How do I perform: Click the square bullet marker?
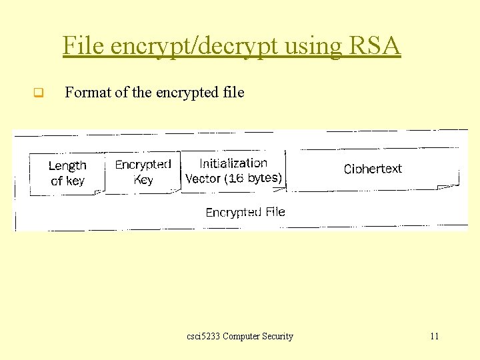pos(38,93)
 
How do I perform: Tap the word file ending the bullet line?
pos(235,93)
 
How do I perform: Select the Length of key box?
pos(67,173)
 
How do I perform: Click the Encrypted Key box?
pos(143,172)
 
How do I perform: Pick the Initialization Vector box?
pos(233,171)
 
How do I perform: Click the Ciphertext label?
pos(373,169)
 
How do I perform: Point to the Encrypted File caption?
pos(245,212)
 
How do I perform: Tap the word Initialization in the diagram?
pos(233,163)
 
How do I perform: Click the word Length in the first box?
pos(67,166)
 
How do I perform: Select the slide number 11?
pos(434,336)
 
